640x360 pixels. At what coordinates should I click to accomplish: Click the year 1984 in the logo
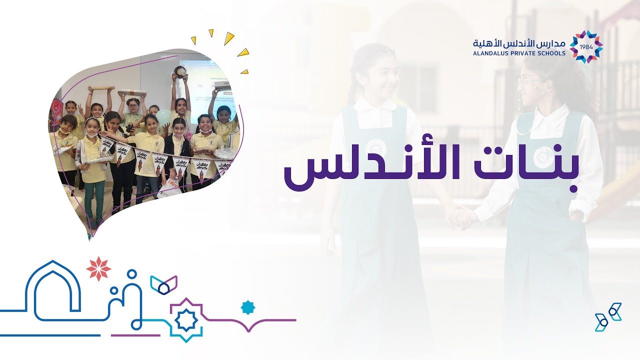pyautogui.click(x=586, y=47)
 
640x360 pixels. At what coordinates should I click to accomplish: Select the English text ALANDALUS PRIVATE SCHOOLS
pyautogui.click(x=519, y=53)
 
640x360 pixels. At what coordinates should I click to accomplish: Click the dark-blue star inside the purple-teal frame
pyautogui.click(x=186, y=320)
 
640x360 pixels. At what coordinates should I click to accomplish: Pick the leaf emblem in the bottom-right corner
pyautogui.click(x=607, y=316)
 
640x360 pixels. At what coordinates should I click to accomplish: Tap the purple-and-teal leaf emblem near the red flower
pyautogui.click(x=163, y=284)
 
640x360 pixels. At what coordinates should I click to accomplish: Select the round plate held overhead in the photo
pyautogui.click(x=178, y=69)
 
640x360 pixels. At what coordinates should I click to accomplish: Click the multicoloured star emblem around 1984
pyautogui.click(x=586, y=47)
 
